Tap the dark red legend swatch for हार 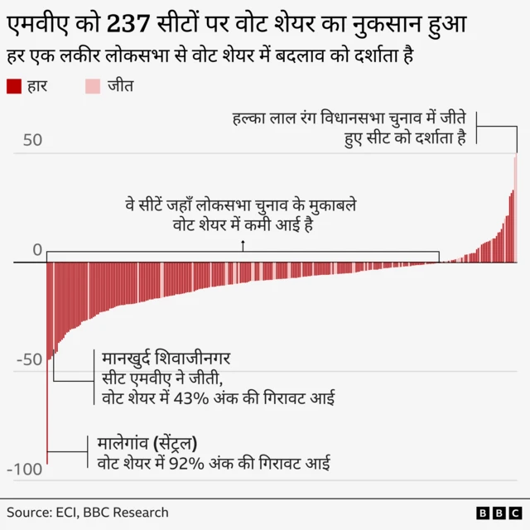click(x=13, y=85)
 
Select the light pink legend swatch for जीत click(x=93, y=85)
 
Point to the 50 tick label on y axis click(x=31, y=140)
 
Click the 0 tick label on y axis click(x=36, y=250)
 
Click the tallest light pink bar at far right click(x=515, y=207)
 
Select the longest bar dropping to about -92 click(x=47, y=364)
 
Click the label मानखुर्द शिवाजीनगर click(x=166, y=359)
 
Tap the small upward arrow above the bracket click(x=243, y=244)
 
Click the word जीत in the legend click(x=120, y=85)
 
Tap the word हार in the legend click(x=38, y=85)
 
